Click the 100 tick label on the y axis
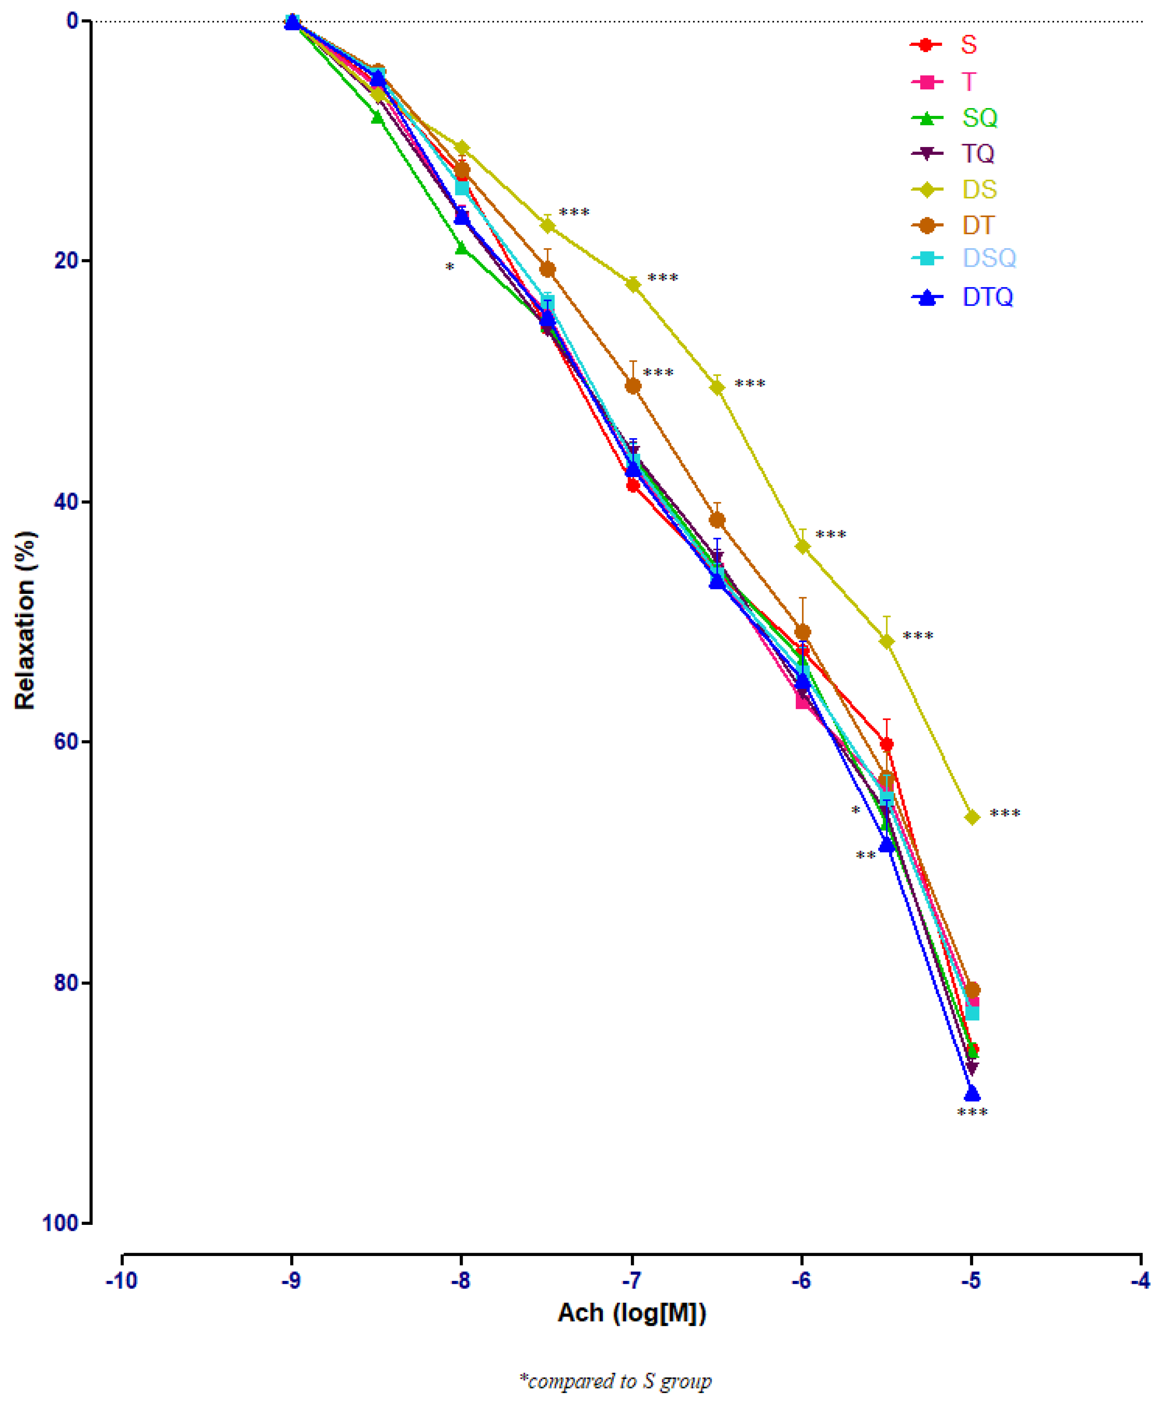pos(60,1223)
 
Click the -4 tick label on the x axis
pos(1140,1281)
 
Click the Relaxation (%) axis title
pos(25,620)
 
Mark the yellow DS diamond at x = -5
pos(972,817)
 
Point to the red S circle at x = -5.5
pos(886,744)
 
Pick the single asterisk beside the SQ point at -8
pos(449,268)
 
